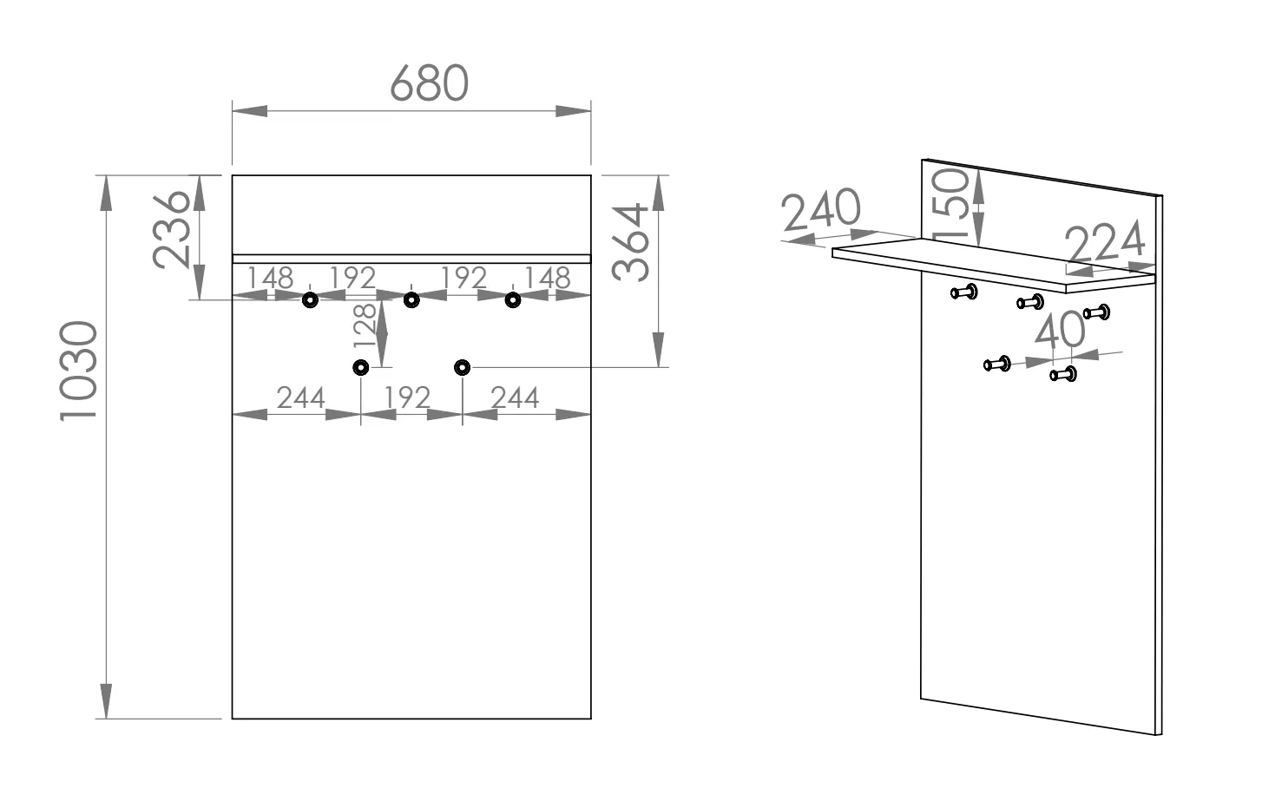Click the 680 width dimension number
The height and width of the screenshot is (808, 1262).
(430, 82)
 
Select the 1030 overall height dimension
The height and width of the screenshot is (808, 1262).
(78, 371)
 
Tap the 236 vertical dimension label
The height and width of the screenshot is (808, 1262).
(172, 229)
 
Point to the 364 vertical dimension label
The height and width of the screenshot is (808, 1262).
(631, 242)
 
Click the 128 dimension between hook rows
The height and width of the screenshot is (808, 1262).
(365, 325)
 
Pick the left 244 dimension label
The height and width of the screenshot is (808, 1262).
(301, 397)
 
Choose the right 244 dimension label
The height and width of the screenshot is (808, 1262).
(515, 397)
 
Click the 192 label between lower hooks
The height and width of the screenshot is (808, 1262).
(407, 397)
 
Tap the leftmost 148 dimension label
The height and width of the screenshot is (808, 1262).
(271, 278)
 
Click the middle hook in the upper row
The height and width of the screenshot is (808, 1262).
(411, 300)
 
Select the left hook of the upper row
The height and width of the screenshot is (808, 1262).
(310, 300)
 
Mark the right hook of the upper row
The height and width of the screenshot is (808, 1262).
(513, 300)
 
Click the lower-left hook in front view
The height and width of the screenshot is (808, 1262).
(360, 368)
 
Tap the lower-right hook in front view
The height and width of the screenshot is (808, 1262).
(462, 368)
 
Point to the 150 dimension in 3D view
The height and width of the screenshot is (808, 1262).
(950, 203)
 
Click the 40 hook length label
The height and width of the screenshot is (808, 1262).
(1060, 331)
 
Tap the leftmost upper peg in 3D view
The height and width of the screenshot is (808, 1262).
(964, 292)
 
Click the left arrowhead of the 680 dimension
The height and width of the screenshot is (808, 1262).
(250, 111)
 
